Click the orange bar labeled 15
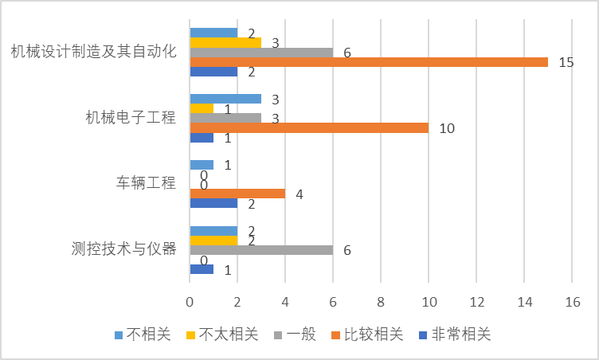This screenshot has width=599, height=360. tap(369, 62)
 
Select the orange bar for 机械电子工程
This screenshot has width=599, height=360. tap(309, 127)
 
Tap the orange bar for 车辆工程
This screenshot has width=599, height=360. tap(237, 194)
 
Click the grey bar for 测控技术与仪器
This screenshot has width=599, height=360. tap(261, 250)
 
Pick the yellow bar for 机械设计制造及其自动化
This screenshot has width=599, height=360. tap(225, 42)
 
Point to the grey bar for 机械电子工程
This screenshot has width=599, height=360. tap(225, 118)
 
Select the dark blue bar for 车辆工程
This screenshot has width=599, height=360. tap(213, 203)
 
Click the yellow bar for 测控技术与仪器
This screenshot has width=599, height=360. tap(213, 240)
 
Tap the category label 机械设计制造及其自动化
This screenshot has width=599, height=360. tap(93, 53)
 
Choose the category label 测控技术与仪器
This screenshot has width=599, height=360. tap(123, 248)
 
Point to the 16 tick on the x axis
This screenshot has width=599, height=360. tap(572, 303)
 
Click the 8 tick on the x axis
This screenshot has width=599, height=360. tap(381, 303)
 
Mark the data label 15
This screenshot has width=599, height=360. tap(566, 62)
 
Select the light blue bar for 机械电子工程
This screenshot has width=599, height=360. tap(225, 99)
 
